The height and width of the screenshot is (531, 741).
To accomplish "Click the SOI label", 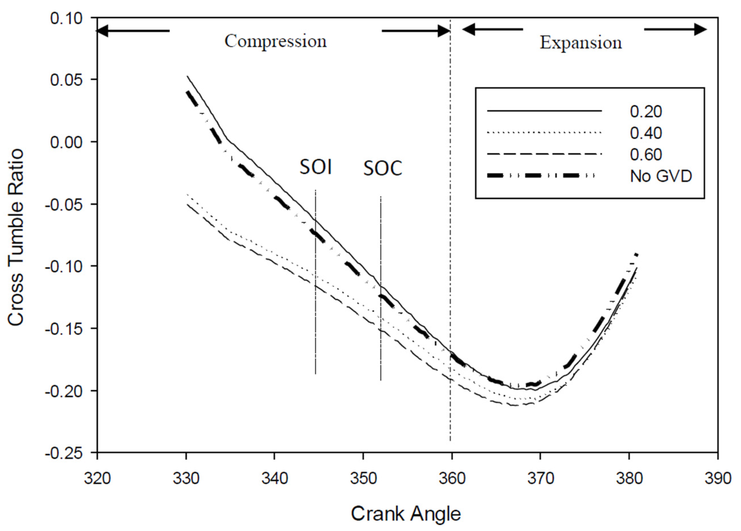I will click(316, 167).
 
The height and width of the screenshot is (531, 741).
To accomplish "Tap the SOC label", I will click(383, 169).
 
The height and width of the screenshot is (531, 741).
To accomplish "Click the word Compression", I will click(275, 42).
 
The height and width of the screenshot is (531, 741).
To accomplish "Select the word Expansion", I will click(581, 43).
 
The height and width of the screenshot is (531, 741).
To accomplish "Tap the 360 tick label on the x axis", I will click(452, 479).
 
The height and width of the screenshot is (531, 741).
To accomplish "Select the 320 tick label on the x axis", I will click(97, 479).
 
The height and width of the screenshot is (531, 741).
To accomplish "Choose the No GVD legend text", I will click(661, 176).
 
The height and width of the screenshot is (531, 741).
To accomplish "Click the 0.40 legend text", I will click(646, 133).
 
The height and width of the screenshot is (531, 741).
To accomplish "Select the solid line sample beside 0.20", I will click(544, 111).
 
